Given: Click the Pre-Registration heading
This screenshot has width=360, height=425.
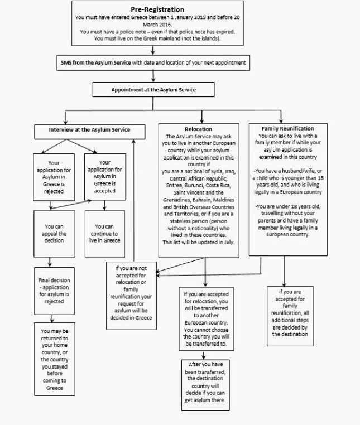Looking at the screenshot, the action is pyautogui.click(x=157, y=9).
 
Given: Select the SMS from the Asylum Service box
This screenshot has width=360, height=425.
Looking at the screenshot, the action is pyautogui.click(x=153, y=63).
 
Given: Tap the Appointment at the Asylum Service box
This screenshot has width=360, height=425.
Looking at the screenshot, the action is pyautogui.click(x=153, y=90).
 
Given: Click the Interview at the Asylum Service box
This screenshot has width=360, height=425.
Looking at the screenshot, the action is pyautogui.click(x=89, y=132).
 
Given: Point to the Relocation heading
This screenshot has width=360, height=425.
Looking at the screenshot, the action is pyautogui.click(x=199, y=129).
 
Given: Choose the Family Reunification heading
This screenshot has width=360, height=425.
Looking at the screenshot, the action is pyautogui.click(x=288, y=128).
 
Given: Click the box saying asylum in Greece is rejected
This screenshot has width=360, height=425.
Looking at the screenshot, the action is pyautogui.click(x=54, y=177).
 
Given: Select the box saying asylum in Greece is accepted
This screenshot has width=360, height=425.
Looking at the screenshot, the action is pyautogui.click(x=105, y=177).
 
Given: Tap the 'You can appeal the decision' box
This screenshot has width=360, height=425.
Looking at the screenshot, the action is pyautogui.click(x=54, y=234).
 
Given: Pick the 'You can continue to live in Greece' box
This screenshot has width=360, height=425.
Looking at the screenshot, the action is pyautogui.click(x=105, y=234).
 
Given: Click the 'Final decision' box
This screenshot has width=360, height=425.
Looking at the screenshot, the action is pyautogui.click(x=54, y=291).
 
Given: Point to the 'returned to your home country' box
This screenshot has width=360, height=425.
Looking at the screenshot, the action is pyautogui.click(x=55, y=359).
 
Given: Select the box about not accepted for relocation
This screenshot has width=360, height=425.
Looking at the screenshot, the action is pyautogui.click(x=131, y=296).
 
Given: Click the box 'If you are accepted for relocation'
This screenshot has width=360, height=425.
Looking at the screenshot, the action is pyautogui.click(x=206, y=319).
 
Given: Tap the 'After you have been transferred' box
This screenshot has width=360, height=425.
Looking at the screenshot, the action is pyautogui.click(x=205, y=385).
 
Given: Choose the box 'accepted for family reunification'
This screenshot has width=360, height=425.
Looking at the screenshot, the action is pyautogui.click(x=290, y=316).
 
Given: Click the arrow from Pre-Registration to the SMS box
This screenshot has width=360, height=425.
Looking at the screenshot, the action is pyautogui.click(x=153, y=50).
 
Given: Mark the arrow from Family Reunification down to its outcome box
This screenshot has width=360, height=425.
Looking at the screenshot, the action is pyautogui.click(x=284, y=271).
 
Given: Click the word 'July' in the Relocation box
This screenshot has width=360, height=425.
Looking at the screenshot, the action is pyautogui.click(x=229, y=242).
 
